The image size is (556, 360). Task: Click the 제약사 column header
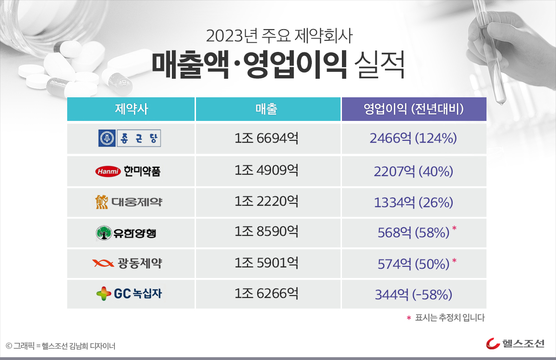click(x=131, y=109)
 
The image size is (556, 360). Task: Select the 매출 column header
click(x=268, y=109)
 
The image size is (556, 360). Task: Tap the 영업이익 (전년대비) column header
click(x=414, y=109)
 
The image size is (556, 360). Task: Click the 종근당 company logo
click(x=130, y=138)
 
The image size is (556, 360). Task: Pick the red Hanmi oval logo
click(x=107, y=172)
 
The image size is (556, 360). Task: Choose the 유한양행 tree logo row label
click(x=126, y=233)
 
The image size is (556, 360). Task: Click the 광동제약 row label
click(x=127, y=264)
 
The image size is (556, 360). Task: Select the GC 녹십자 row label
click(x=129, y=294)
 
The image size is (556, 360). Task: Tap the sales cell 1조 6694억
click(x=267, y=138)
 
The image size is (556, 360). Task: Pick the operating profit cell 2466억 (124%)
click(x=414, y=139)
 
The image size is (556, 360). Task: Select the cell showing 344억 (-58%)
click(x=414, y=294)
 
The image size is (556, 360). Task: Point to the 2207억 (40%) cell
click(x=414, y=172)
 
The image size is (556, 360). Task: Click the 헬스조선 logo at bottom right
click(x=515, y=343)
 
